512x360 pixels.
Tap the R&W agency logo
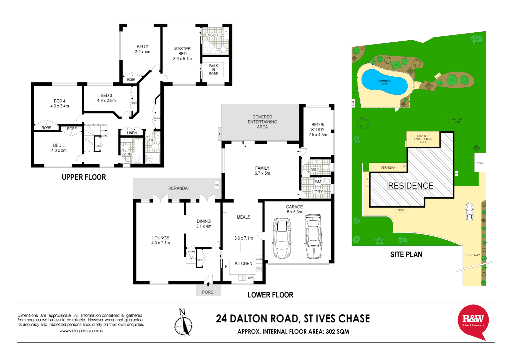pos(473,321)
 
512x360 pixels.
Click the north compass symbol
pos(183,323)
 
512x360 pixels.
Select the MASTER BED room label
pos(182,51)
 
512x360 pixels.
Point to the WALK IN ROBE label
pos(213,70)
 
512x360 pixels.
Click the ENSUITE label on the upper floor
pos(213,35)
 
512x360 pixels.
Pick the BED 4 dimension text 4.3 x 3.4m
pos(60,106)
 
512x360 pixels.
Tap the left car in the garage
pos(282,238)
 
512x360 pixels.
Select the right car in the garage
pos(313,236)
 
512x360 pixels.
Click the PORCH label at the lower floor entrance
pos(209,292)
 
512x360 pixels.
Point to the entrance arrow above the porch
pos(208,284)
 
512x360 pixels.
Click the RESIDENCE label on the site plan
pos(411,186)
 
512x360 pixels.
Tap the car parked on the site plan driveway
pos(469,211)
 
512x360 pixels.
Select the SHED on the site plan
pos(480,163)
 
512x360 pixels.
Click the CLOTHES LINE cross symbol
pos(445,119)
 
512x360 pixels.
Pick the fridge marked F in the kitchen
pos(226,266)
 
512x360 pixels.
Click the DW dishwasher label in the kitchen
pos(250,278)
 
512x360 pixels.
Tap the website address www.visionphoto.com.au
pos(81,331)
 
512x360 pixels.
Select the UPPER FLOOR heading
pos(84,177)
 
